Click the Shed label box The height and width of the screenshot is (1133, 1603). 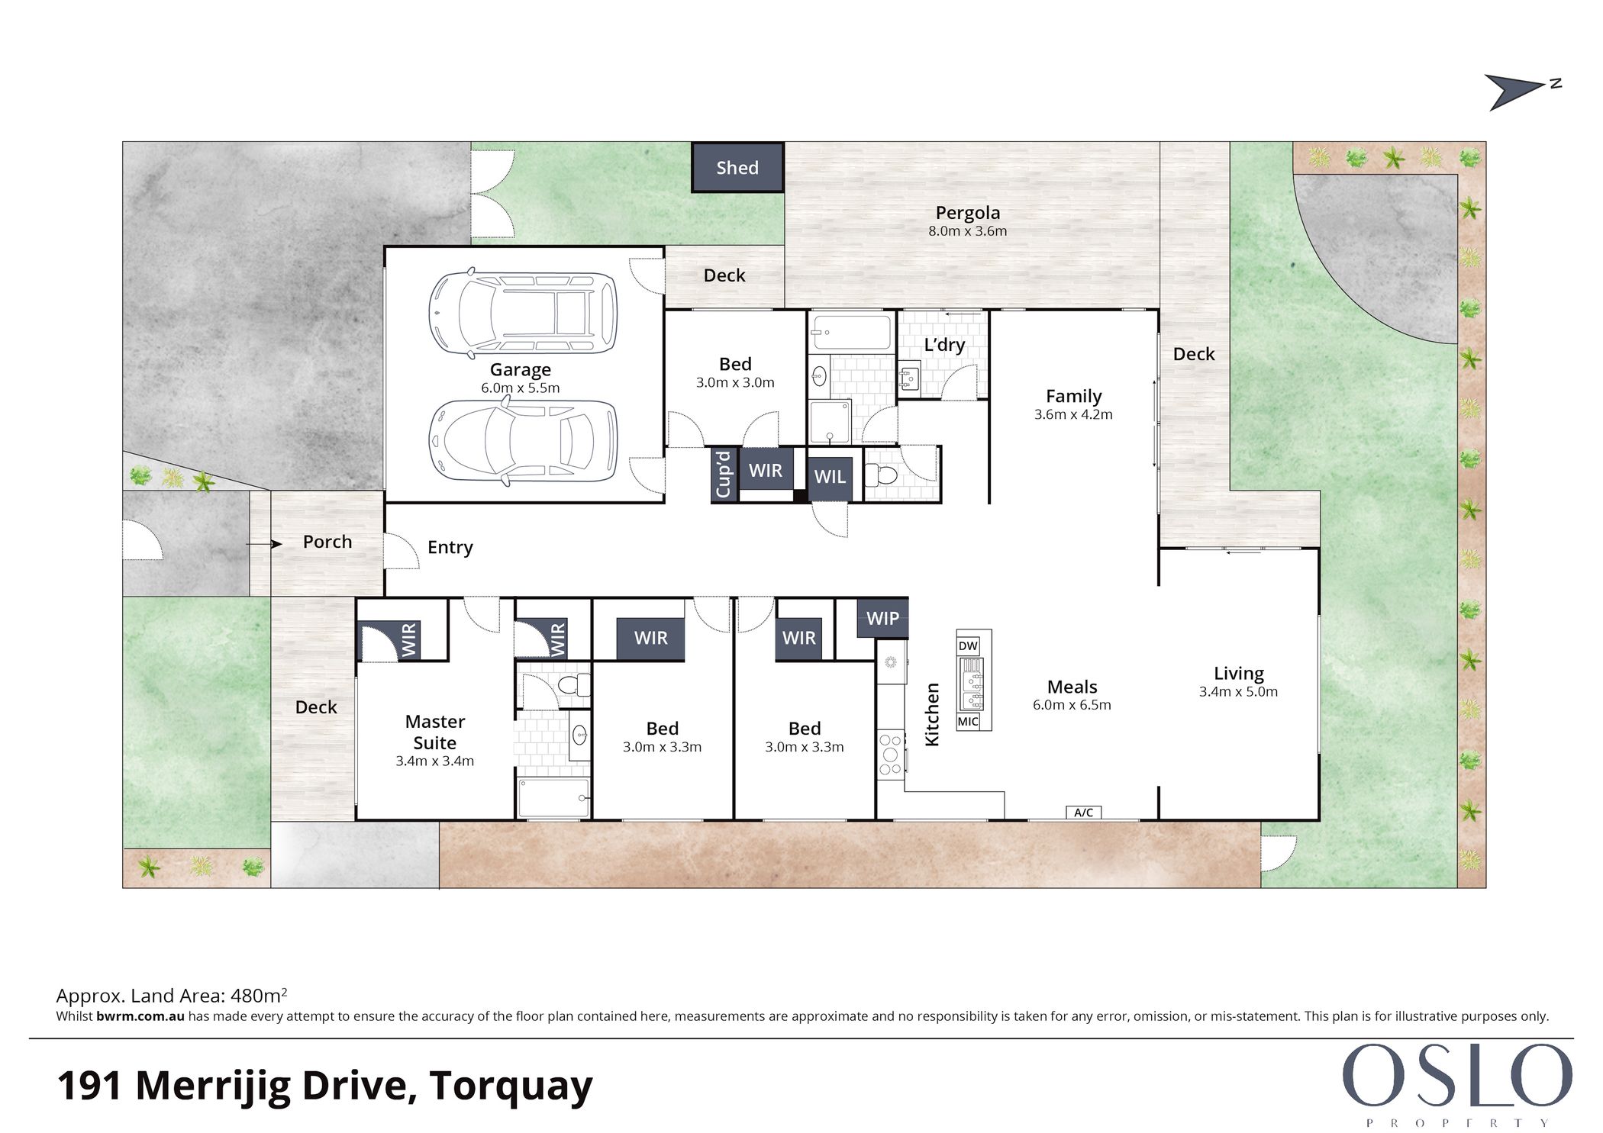click(x=737, y=167)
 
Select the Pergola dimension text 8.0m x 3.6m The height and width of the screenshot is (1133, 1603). click(x=967, y=231)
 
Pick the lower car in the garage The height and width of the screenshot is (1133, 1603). click(x=522, y=442)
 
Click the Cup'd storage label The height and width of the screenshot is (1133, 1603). click(x=724, y=474)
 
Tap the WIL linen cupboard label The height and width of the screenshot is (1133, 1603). click(x=830, y=476)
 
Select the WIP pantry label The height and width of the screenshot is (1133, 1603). click(x=882, y=618)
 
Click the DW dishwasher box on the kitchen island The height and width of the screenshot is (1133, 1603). click(x=968, y=646)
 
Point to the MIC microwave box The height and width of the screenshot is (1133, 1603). click(x=968, y=721)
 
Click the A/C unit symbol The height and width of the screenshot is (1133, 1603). click(x=1084, y=813)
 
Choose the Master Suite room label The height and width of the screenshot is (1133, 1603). click(x=435, y=732)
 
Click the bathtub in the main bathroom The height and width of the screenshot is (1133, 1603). click(x=850, y=331)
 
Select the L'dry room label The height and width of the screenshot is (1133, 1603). click(x=944, y=344)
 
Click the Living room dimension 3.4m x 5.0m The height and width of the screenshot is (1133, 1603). click(x=1238, y=692)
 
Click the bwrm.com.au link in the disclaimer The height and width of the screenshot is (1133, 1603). click(x=140, y=1016)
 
